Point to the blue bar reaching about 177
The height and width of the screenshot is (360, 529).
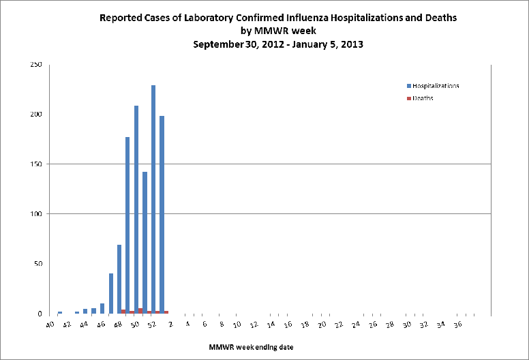pos(127,225)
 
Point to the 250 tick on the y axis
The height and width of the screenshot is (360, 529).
pos(35,65)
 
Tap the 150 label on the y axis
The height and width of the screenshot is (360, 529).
pos(35,164)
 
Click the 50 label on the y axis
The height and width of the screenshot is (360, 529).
pos(37,264)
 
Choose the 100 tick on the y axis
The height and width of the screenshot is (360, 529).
pos(35,214)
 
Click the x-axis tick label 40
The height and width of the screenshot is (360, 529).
pos(50,325)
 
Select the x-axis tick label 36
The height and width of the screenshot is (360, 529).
pos(458,325)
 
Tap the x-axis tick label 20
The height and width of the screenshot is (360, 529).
pos(322,325)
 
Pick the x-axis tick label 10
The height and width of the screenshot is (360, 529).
pos(237,325)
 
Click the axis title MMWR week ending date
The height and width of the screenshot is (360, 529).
pos(252,348)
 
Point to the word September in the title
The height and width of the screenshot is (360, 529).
pos(216,44)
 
